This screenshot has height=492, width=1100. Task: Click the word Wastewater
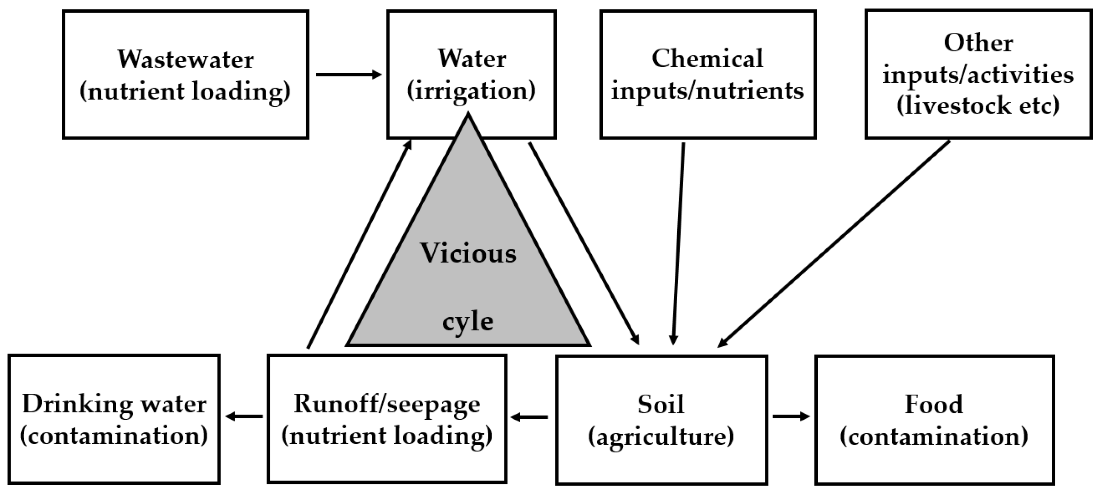185,59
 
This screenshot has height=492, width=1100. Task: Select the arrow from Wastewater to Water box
348,75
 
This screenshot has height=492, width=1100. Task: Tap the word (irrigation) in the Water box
471,91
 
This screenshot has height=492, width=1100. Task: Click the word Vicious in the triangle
468,253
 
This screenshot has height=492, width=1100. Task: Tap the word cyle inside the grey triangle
467,322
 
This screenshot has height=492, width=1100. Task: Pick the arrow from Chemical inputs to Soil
679,243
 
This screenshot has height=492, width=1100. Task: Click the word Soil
661,404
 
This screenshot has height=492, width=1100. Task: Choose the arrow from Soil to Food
791,416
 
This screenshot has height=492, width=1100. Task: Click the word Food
934,404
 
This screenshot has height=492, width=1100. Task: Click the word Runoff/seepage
387,404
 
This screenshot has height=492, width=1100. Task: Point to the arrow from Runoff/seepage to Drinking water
244,416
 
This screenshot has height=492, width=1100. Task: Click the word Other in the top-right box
978,43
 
